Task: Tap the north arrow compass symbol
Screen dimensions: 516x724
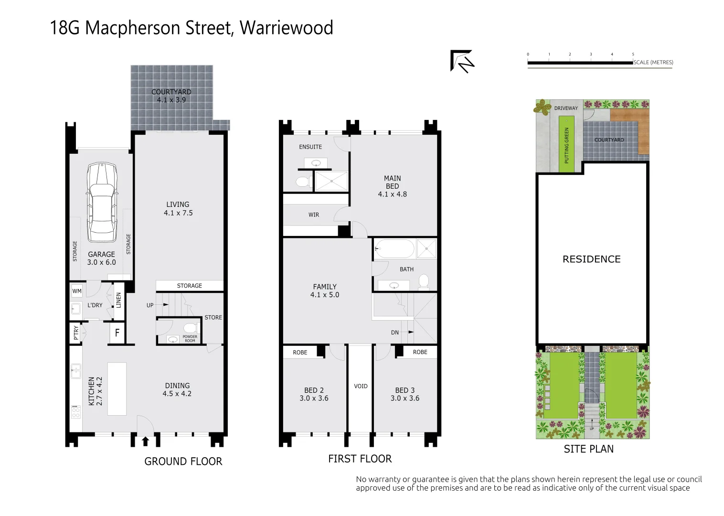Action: click(x=462, y=61)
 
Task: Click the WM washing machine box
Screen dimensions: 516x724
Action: click(x=77, y=291)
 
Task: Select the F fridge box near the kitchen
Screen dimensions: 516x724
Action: click(x=117, y=333)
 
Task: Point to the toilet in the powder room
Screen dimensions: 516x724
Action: click(x=190, y=328)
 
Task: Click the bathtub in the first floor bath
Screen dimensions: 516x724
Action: click(x=394, y=248)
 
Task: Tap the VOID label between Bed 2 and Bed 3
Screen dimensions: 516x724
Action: click(x=361, y=386)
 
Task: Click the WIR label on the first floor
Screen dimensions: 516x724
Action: click(x=314, y=215)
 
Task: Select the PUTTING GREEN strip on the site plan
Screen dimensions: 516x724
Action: click(x=567, y=145)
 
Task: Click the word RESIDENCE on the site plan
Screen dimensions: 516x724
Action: click(x=591, y=259)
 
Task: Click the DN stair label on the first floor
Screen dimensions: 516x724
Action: click(x=395, y=332)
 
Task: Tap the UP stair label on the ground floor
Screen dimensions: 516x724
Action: click(x=150, y=305)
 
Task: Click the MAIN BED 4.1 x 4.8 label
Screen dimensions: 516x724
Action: click(x=393, y=186)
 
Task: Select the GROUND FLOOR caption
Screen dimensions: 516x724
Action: click(x=183, y=461)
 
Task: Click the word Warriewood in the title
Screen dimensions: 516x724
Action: click(x=286, y=28)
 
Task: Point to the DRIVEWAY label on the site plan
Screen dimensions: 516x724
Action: click(x=566, y=108)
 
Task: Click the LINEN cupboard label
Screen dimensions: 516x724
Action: click(x=118, y=300)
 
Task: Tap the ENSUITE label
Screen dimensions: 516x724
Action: click(x=310, y=147)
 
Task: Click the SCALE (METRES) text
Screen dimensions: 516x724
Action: click(x=653, y=62)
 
